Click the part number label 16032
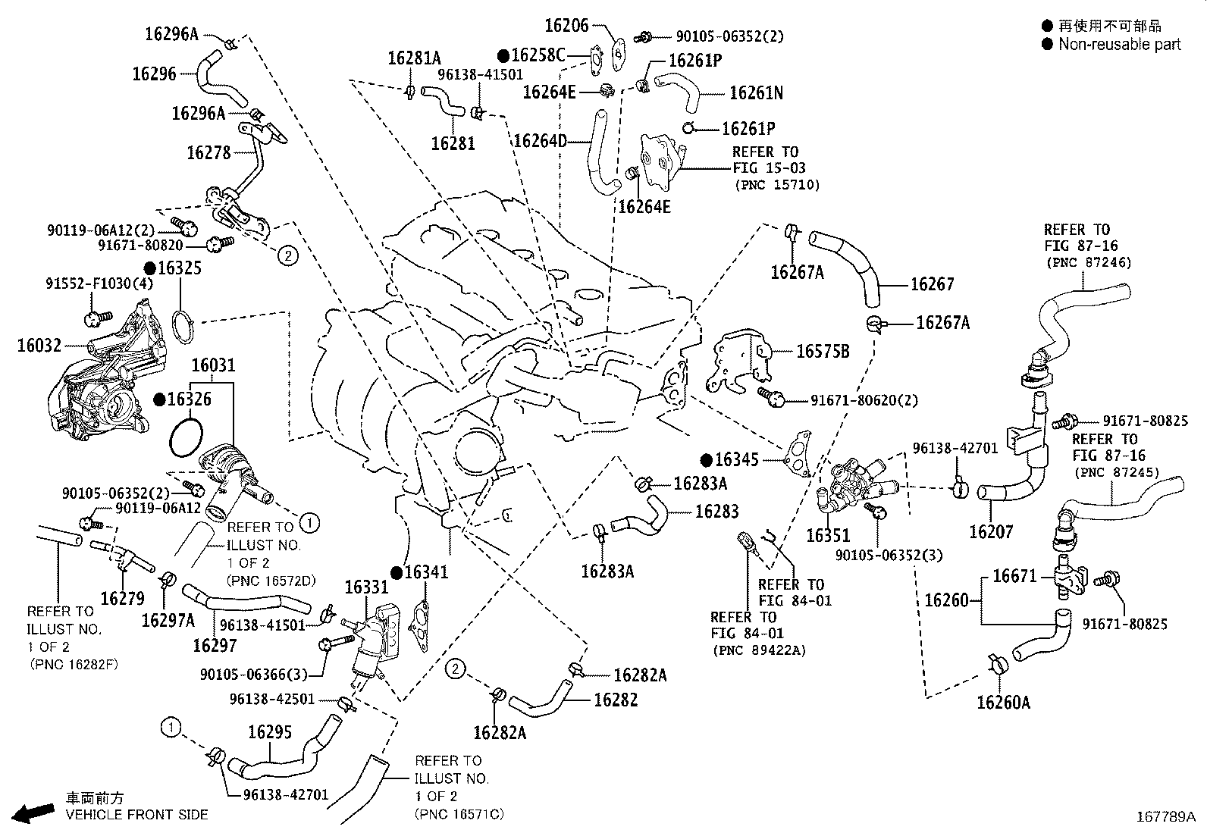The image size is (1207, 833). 39,346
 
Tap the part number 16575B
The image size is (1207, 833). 822,351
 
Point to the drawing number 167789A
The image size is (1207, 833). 1165,817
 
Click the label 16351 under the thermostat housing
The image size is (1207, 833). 828,536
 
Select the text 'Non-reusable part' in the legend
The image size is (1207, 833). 1119,44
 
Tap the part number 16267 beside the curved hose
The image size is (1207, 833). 932,284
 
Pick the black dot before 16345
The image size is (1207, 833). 706,459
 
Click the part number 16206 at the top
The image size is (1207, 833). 566,25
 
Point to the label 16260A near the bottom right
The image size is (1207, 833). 1003,703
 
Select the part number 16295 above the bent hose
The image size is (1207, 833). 269,732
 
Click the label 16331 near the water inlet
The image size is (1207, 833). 366,587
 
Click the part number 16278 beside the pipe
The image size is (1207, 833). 208,152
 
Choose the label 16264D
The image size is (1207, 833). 540,141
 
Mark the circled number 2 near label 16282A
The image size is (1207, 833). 454,669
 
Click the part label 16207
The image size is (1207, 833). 990,532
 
